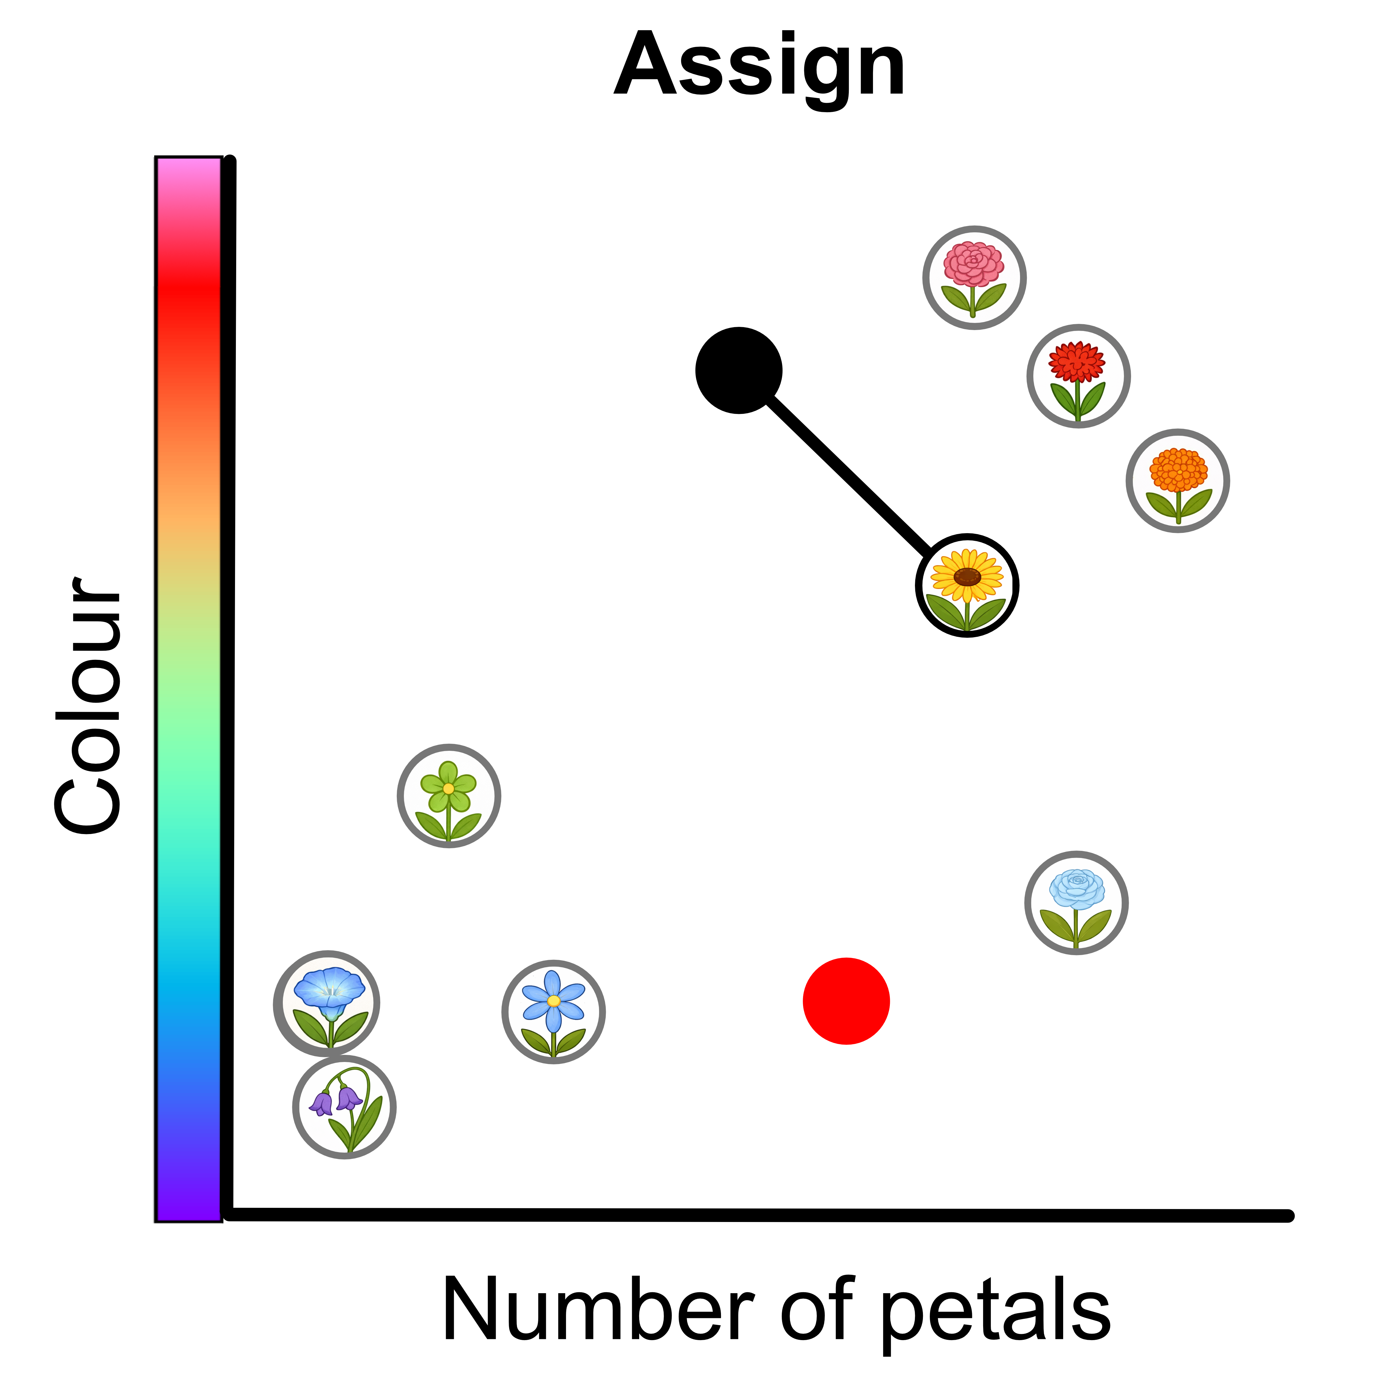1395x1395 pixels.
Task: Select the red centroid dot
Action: [846, 1001]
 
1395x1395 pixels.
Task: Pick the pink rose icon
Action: [974, 277]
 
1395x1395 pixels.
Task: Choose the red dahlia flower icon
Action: [1078, 376]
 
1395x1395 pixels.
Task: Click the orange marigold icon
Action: [1178, 480]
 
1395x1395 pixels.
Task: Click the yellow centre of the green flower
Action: [448, 789]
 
